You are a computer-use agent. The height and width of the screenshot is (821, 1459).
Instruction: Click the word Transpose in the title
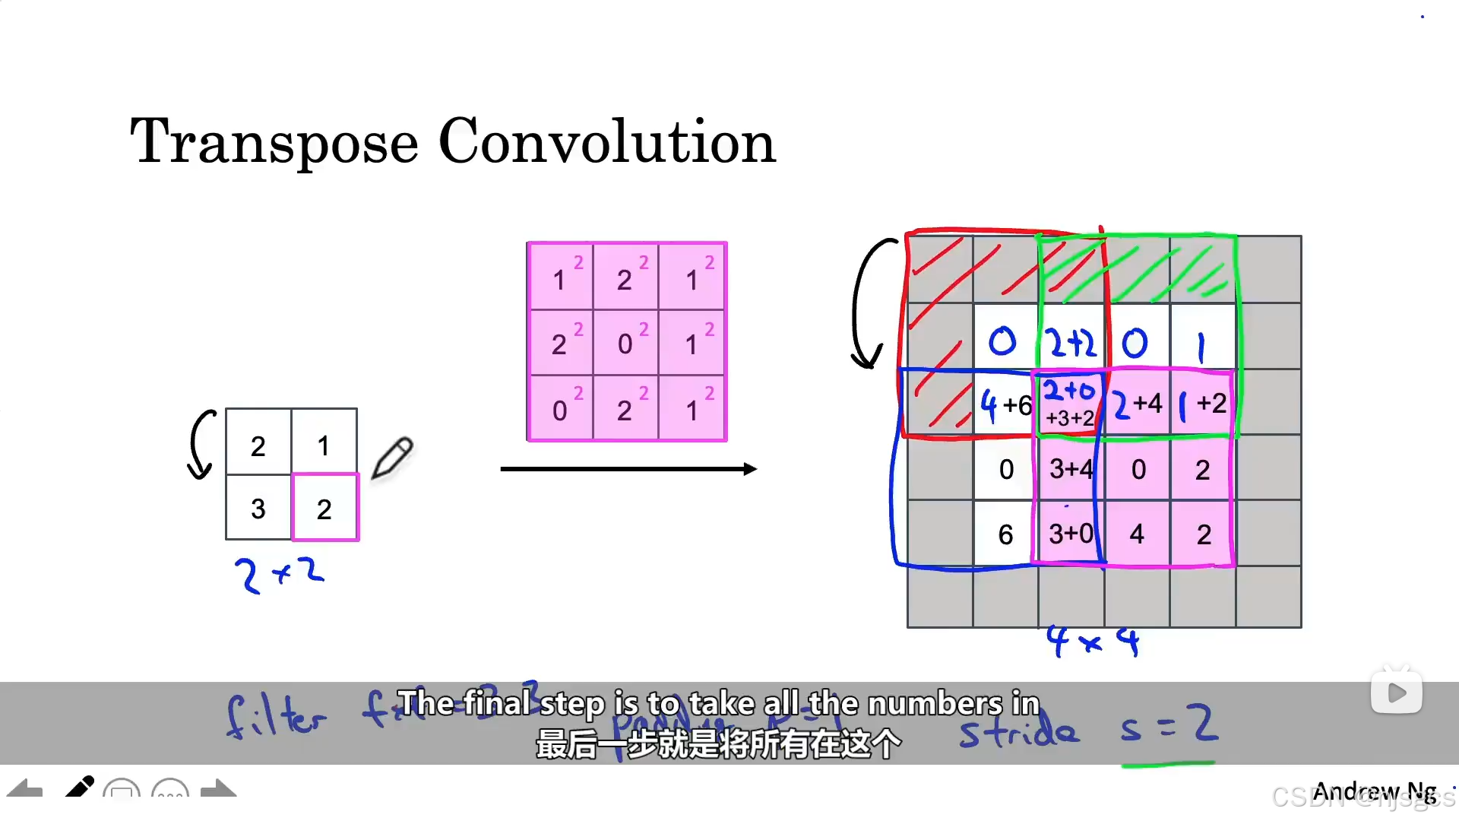click(274, 142)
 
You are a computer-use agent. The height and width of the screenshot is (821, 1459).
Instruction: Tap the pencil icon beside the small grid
click(392, 458)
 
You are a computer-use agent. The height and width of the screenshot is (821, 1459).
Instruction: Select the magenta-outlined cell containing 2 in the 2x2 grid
click(324, 508)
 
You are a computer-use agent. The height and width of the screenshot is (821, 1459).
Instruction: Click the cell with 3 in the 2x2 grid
click(258, 508)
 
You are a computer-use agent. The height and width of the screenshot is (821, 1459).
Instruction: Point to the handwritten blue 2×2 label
click(279, 574)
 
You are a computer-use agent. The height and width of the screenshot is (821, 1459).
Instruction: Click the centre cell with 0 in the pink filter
click(625, 343)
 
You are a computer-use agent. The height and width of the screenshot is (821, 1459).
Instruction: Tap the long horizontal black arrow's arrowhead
click(750, 469)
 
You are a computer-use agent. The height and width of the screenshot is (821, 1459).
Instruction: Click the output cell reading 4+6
click(1005, 404)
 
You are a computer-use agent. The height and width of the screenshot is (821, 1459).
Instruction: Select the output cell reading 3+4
click(1071, 469)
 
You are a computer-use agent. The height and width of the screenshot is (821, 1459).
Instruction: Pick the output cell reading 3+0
click(1071, 534)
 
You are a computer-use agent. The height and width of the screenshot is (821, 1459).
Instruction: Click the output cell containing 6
click(1005, 534)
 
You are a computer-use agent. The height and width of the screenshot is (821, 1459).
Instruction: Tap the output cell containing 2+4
click(1137, 404)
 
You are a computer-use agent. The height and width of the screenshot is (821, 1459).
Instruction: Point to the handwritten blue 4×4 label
click(1092, 641)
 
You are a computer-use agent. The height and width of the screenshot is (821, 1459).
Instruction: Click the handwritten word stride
click(1018, 731)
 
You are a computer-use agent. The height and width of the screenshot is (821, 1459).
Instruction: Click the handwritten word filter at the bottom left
click(276, 717)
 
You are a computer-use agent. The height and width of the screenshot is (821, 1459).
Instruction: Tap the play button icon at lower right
click(1397, 693)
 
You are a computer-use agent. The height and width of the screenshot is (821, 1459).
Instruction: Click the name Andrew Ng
click(1374, 791)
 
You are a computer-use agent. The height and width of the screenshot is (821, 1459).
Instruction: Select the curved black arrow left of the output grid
click(866, 304)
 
